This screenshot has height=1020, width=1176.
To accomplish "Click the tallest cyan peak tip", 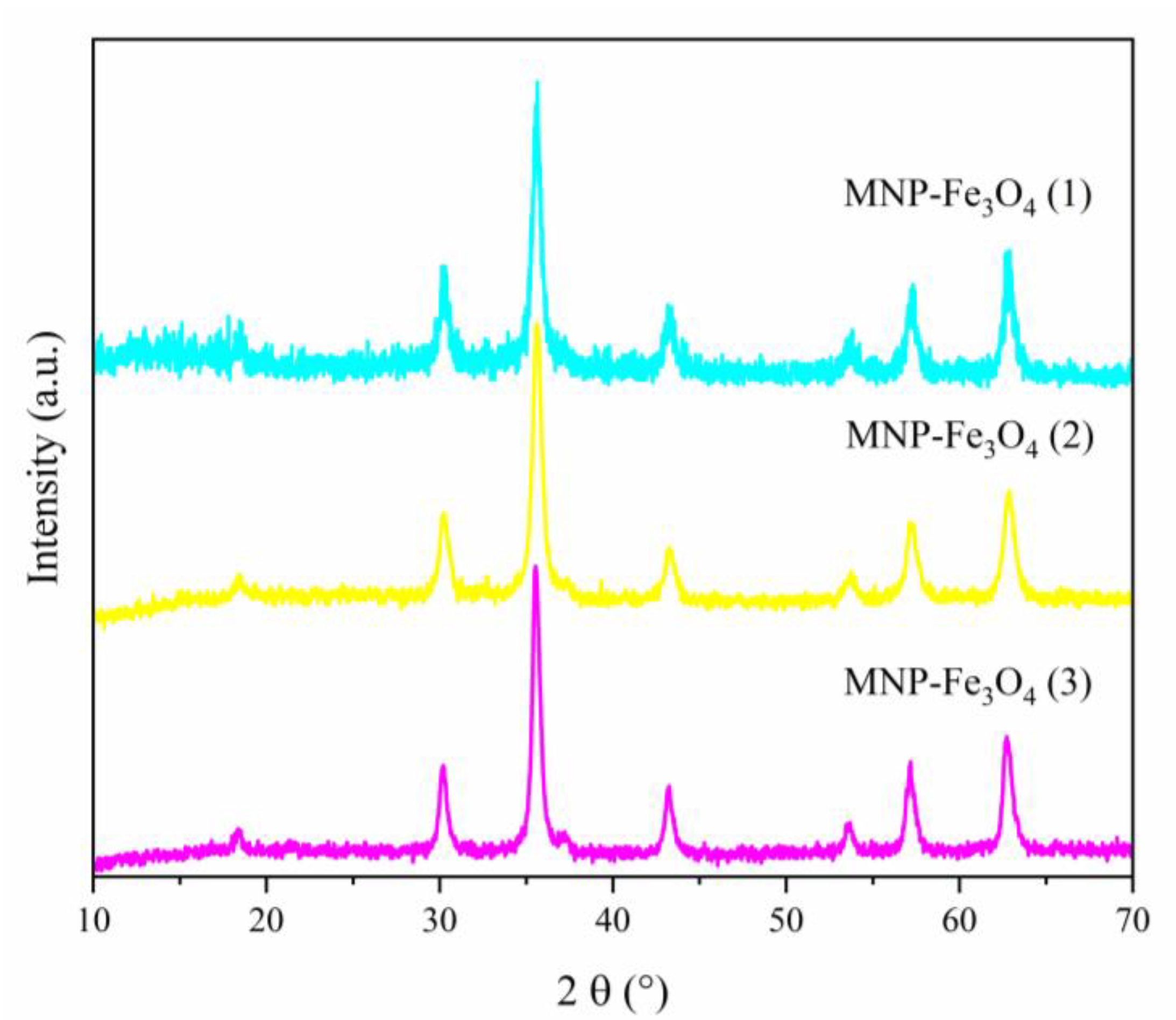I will (537, 82).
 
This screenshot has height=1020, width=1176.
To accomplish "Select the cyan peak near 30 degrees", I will (443, 266).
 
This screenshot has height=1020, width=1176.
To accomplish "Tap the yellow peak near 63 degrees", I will (1009, 491).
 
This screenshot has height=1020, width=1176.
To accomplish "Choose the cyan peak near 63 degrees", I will (1008, 251).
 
